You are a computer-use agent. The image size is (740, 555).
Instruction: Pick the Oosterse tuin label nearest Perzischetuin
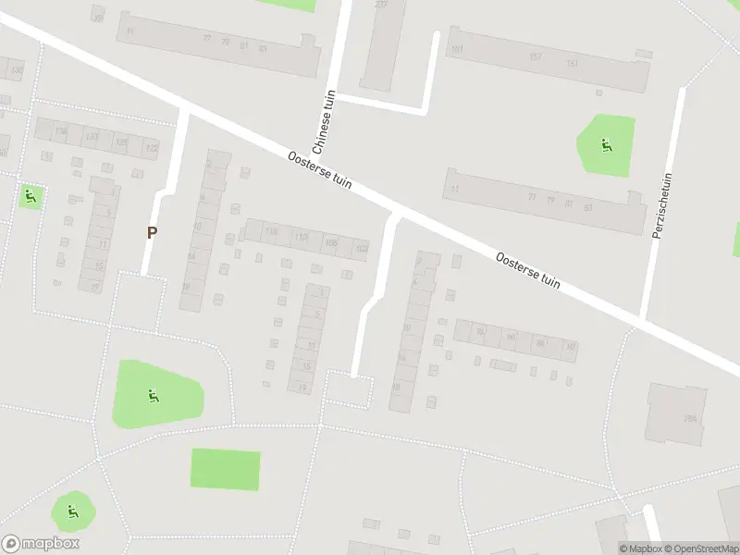pyautogui.click(x=528, y=271)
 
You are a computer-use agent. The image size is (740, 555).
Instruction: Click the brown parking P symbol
pyautogui.click(x=152, y=233)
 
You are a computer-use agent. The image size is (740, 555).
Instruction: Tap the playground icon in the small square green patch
pyautogui.click(x=31, y=196)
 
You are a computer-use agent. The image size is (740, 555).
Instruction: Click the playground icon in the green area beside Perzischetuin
pyautogui.click(x=606, y=144)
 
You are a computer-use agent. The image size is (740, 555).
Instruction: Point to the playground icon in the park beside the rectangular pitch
pyautogui.click(x=154, y=397)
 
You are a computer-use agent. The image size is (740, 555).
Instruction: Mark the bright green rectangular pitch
pyautogui.click(x=225, y=469)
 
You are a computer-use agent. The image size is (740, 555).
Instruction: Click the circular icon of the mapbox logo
pyautogui.click(x=12, y=544)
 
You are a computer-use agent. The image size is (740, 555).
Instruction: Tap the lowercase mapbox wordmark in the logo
pyautogui.click(x=51, y=544)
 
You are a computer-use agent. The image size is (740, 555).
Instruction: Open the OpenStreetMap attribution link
pyautogui.click(x=698, y=548)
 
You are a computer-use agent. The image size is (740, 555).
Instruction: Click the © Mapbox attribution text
pyautogui.click(x=639, y=548)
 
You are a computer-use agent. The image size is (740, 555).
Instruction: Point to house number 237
pyautogui.click(x=381, y=5)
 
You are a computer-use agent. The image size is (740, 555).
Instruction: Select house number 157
pyautogui.click(x=535, y=57)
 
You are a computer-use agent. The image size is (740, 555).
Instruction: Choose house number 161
pyautogui.click(x=572, y=63)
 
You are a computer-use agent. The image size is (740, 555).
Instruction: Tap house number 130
pyautogui.click(x=92, y=137)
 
